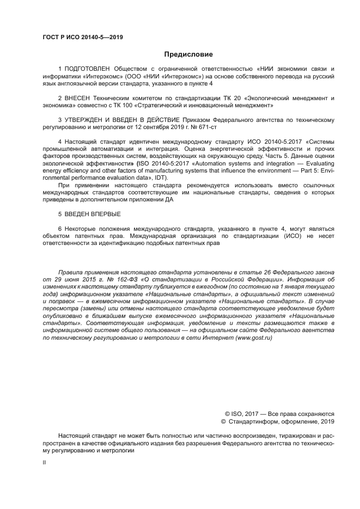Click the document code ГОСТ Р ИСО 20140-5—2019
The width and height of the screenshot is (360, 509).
(x=82, y=38)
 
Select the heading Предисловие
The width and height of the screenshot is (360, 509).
(x=188, y=54)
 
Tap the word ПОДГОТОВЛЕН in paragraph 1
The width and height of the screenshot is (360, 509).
(x=87, y=69)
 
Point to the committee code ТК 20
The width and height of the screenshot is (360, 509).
(x=193, y=98)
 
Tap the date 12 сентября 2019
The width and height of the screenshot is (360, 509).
(x=158, y=127)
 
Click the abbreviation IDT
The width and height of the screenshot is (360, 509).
(x=162, y=177)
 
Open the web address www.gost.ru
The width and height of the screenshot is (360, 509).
(x=248, y=338)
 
